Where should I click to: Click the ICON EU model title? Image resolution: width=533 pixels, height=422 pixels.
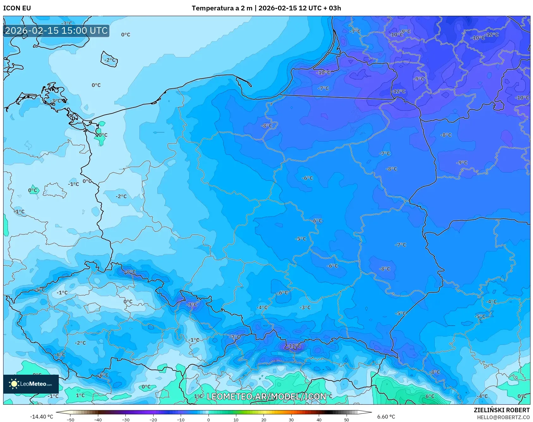[x=17, y=8]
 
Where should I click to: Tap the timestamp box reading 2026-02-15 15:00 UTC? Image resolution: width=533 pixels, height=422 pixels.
[x=56, y=31]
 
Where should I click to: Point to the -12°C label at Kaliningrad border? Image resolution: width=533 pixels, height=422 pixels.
[x=399, y=91]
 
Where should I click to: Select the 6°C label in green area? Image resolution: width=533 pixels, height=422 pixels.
[x=430, y=396]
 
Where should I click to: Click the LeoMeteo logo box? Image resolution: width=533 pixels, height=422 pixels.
[x=31, y=384]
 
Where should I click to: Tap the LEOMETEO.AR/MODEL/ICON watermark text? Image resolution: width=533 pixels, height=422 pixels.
[x=266, y=396]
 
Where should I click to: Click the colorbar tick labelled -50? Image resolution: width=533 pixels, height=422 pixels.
[x=70, y=419]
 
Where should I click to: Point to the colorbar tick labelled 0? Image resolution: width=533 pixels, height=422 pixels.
[x=208, y=419]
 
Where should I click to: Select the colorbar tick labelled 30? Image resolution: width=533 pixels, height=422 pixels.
[x=291, y=419]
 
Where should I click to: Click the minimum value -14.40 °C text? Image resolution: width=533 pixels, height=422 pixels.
[x=41, y=417]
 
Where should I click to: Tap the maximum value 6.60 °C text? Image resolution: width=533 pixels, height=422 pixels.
[x=386, y=417]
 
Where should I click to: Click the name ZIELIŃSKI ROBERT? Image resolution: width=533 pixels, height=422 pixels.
[x=501, y=410]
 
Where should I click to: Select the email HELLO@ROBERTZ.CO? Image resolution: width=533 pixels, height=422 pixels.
[x=503, y=417]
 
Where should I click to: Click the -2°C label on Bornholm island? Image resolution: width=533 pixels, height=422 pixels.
[x=110, y=60]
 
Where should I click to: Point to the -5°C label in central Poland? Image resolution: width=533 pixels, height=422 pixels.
[x=300, y=239]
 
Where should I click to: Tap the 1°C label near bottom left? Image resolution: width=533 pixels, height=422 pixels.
[x=80, y=395]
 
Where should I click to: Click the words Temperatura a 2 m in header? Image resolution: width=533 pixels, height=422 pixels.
[x=222, y=8]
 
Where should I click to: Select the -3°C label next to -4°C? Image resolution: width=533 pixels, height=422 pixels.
[x=305, y=307]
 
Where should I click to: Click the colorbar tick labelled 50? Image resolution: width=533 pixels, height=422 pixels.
[x=346, y=419]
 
